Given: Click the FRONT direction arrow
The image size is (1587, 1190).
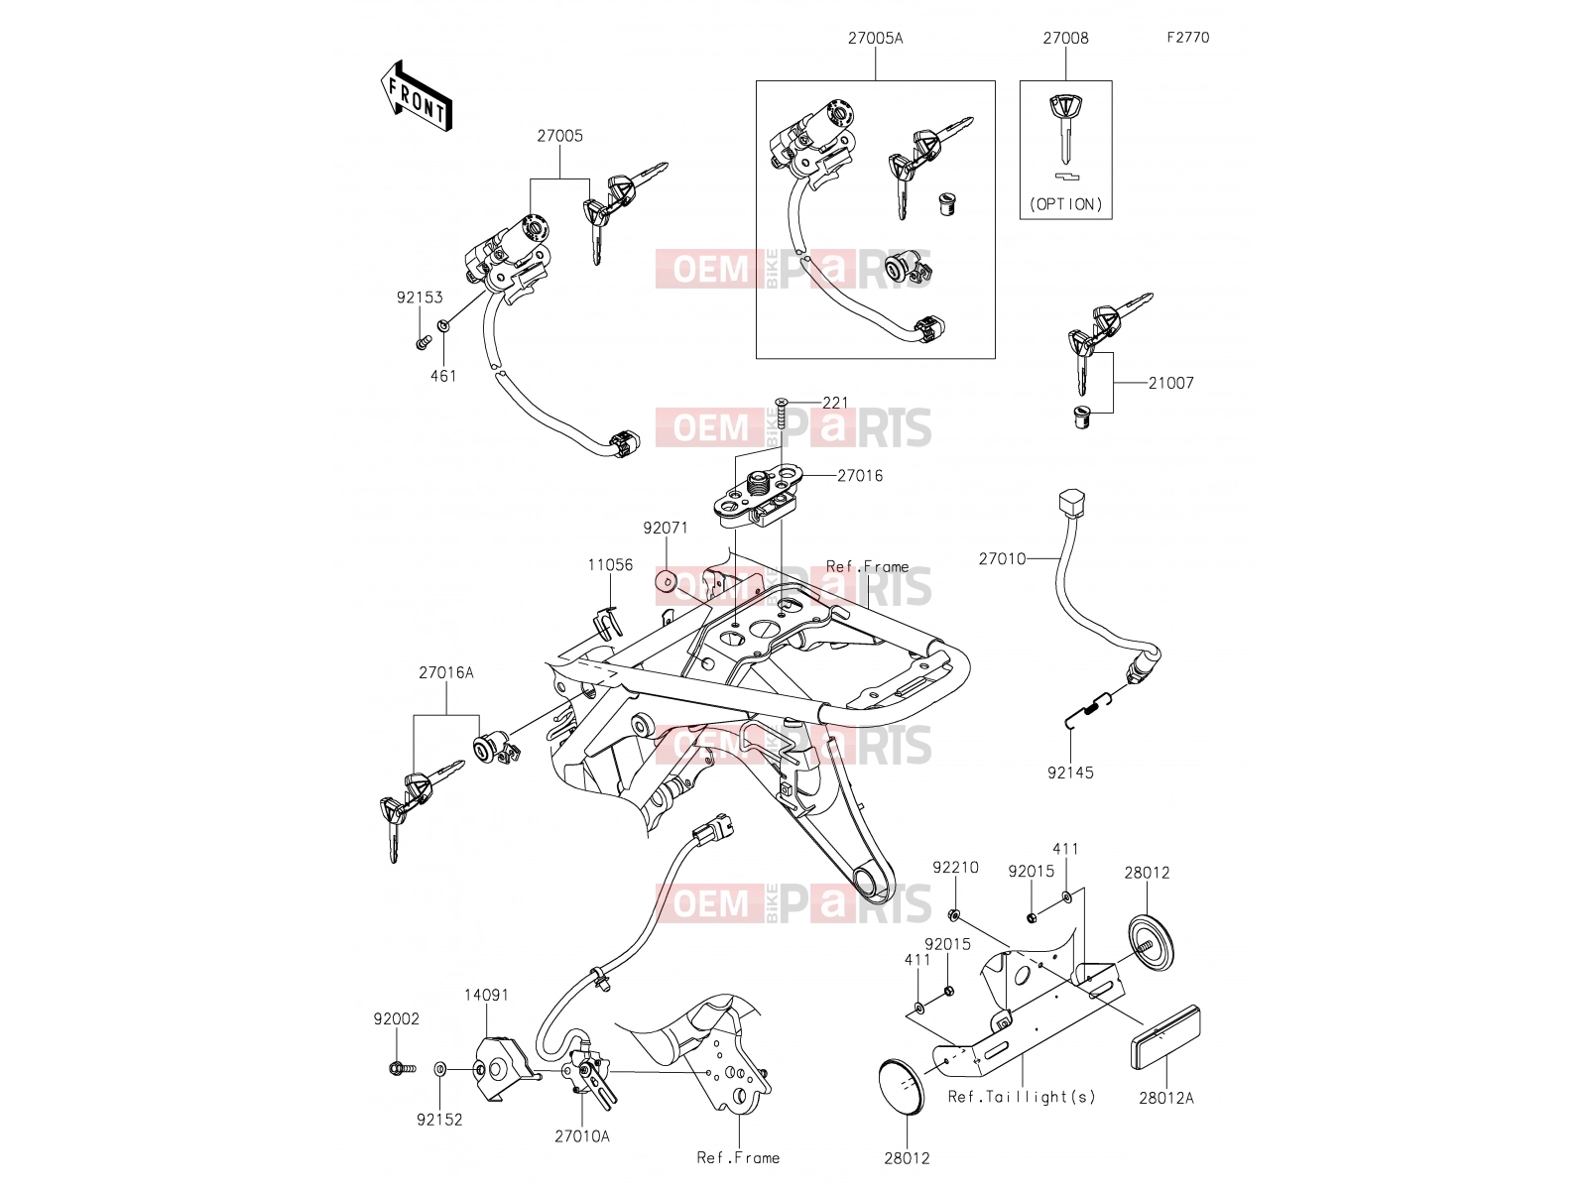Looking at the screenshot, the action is (x=416, y=96).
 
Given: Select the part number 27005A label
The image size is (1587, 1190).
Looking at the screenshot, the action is (x=875, y=39).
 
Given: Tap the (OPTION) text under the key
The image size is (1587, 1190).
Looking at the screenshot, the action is (x=1065, y=204).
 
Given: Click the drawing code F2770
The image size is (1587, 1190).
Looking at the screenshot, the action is (x=1188, y=38).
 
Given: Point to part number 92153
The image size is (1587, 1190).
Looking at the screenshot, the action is (x=420, y=297).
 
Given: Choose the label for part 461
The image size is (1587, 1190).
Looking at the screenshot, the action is (x=443, y=376).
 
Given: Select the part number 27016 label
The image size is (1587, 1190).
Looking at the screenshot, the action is (x=860, y=475).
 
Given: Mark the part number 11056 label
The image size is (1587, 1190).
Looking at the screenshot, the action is (x=609, y=565).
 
